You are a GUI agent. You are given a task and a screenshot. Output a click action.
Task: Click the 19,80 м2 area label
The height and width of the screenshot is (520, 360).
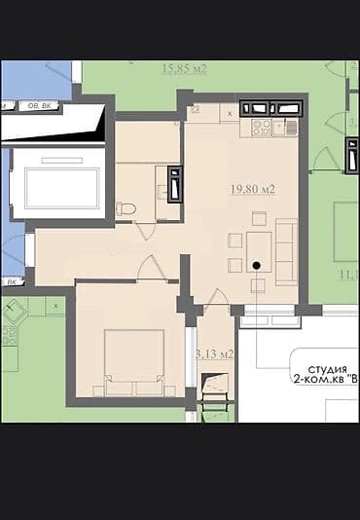[x=252, y=189]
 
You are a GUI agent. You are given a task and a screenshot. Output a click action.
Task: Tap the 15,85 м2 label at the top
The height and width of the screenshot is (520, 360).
[x=185, y=68]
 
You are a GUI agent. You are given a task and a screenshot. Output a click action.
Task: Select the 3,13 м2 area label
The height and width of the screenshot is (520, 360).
[x=214, y=353]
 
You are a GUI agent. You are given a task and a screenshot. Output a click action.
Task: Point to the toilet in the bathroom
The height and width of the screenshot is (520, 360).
[x=125, y=207]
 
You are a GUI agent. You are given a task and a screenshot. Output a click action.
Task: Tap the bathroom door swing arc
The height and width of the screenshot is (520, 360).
[x=146, y=231]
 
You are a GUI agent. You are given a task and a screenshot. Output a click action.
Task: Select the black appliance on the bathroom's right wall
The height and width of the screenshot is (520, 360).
[x=174, y=184]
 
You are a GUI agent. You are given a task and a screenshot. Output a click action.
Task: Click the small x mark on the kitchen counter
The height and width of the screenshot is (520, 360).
[x=229, y=114]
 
